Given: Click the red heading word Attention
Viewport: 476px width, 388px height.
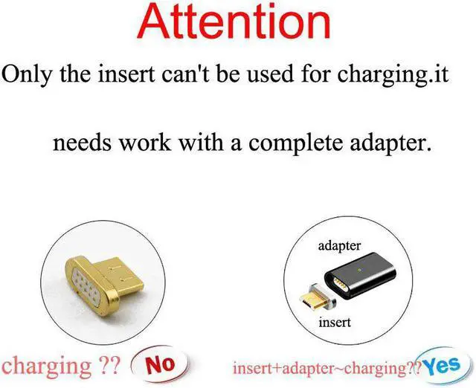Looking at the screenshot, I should coord(237,22).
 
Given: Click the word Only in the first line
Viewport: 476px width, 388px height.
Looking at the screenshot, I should coord(27,74).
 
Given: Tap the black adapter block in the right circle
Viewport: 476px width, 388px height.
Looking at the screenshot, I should coord(369,276).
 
